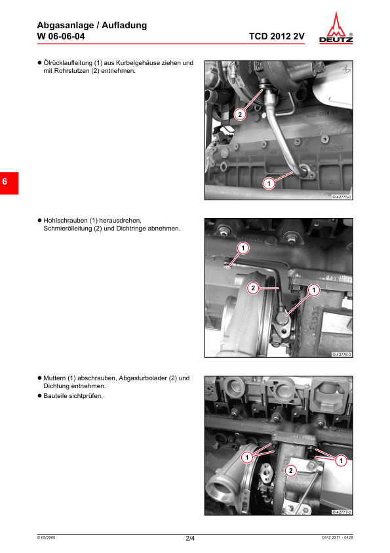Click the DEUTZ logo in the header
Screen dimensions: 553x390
pos(340,30)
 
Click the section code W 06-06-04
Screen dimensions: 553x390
pos(61,37)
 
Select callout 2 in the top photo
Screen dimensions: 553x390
pos(240,114)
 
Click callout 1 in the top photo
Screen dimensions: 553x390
pos(268,183)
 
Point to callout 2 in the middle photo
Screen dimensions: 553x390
pos(253,288)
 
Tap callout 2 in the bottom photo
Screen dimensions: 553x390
pos(291,470)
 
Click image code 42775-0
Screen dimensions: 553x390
pos(341,197)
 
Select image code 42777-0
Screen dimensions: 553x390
pos(341,512)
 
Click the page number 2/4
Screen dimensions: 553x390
pos(190,539)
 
